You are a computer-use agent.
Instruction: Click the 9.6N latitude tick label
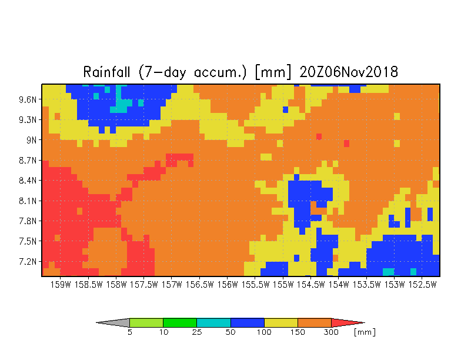[28, 100]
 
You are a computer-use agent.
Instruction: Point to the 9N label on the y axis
[32, 140]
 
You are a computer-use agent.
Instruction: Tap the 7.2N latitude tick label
[28, 261]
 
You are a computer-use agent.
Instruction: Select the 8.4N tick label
[28, 180]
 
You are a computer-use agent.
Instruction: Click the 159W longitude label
[61, 285]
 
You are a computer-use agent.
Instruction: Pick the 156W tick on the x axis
[227, 285]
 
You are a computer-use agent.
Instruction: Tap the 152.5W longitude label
[422, 285]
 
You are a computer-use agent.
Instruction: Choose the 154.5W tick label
[310, 285]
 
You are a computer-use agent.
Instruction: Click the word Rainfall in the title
[106, 72]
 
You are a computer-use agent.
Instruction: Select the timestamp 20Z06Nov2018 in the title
[349, 72]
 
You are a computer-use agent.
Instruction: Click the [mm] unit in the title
[273, 72]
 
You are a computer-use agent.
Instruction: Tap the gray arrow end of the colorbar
[113, 322]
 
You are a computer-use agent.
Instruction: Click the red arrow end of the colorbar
[348, 322]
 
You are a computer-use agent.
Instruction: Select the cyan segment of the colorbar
[214, 322]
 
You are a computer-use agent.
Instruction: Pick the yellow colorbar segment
[281, 322]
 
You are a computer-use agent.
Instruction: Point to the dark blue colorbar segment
[248, 322]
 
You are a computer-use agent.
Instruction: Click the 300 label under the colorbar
[332, 332]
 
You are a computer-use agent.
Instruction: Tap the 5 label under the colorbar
[129, 332]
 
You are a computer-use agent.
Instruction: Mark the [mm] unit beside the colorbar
[365, 332]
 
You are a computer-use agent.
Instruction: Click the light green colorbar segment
[146, 322]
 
